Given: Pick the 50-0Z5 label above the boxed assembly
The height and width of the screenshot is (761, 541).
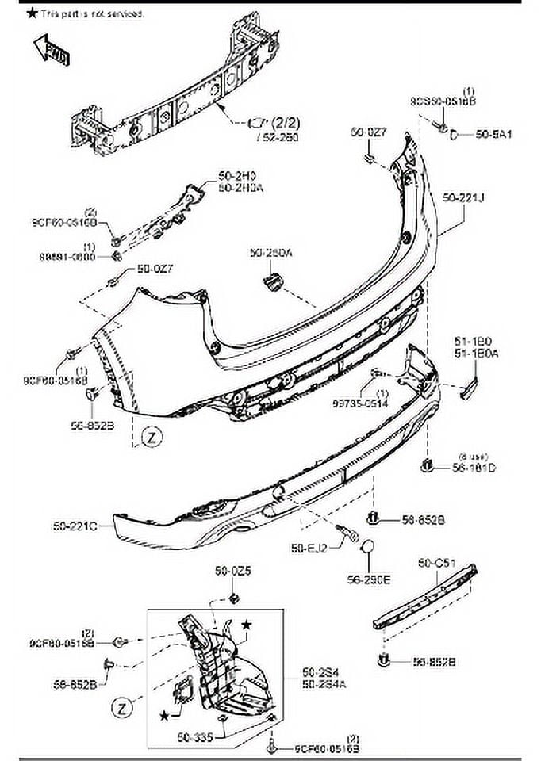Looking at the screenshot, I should click(233, 571).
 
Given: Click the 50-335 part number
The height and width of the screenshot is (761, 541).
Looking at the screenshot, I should click(193, 737).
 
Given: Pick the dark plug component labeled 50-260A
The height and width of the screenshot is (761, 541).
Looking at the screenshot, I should click(274, 281).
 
